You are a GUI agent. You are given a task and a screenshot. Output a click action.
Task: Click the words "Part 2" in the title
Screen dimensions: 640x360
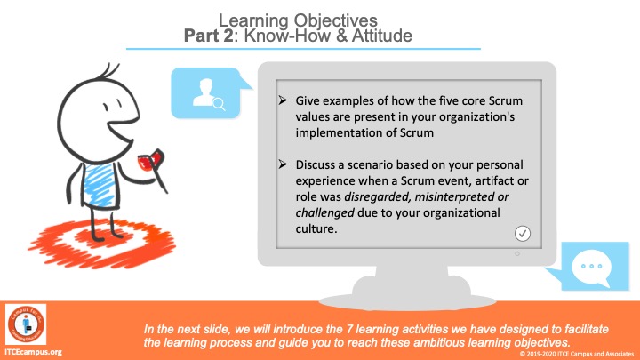tap(209, 36)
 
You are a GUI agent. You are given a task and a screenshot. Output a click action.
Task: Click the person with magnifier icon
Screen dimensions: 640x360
tap(209, 94)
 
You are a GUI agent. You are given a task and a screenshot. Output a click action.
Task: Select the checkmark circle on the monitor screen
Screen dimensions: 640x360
tap(523, 234)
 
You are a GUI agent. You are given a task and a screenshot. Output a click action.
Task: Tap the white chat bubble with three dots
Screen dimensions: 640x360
tap(591, 268)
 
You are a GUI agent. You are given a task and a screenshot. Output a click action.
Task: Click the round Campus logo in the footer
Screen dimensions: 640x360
tap(26, 324)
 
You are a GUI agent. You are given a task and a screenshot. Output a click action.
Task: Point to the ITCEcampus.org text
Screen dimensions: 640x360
tap(33, 352)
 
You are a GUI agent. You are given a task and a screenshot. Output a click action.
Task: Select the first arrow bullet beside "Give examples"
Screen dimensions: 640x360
tap(283, 100)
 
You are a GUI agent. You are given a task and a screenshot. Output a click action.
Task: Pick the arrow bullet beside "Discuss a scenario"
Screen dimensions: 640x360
tap(283, 164)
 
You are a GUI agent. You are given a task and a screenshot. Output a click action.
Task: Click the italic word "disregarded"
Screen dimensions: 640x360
tap(377, 197)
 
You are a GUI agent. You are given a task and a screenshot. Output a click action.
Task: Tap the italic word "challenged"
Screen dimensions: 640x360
tap(325, 213)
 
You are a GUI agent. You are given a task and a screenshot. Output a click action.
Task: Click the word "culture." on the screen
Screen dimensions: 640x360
tap(316, 229)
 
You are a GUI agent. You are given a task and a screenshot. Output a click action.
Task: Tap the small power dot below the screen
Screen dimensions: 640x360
tap(517, 254)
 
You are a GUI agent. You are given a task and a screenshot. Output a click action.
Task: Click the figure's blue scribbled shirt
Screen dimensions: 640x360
tap(100, 185)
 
